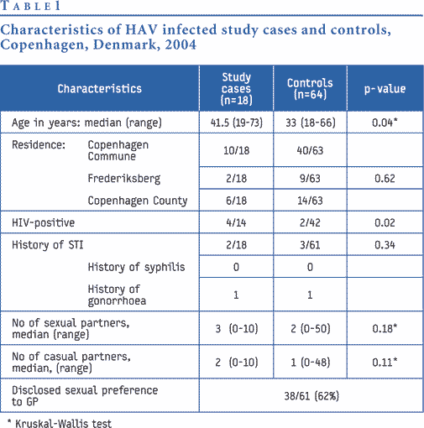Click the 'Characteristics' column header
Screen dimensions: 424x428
(x=100, y=89)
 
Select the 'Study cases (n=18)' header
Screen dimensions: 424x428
(x=237, y=88)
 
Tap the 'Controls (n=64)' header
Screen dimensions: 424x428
(x=310, y=88)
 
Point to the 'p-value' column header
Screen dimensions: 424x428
(x=385, y=89)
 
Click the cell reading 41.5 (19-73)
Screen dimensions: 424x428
(x=237, y=123)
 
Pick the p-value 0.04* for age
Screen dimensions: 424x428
(x=385, y=123)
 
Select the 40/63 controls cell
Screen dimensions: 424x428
(x=310, y=150)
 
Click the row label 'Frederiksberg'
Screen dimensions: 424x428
(x=124, y=179)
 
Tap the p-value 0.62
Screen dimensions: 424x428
(x=385, y=179)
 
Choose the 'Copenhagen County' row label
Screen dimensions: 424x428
(x=138, y=201)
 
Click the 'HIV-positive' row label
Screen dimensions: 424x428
(x=43, y=223)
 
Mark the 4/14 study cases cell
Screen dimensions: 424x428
(x=237, y=222)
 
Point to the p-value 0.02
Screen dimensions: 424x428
(x=385, y=222)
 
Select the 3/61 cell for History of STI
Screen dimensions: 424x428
(x=310, y=245)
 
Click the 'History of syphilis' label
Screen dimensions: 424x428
(x=136, y=267)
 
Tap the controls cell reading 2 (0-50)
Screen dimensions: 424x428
(x=310, y=328)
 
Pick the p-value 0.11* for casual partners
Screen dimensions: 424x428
(x=385, y=363)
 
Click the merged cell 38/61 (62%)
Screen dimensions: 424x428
(x=311, y=396)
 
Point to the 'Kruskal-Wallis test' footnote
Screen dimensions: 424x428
(x=63, y=423)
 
